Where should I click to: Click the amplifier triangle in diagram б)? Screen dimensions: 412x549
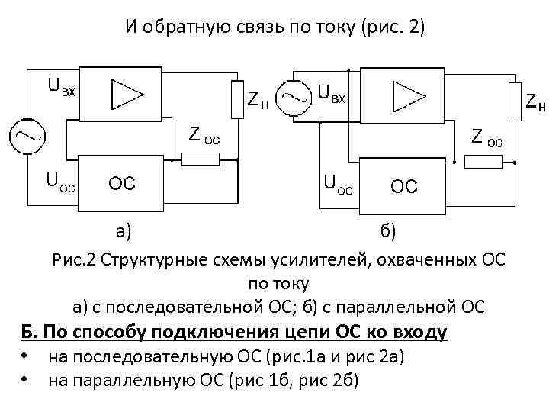tap(406, 95)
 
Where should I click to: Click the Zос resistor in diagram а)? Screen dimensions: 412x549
tap(201, 159)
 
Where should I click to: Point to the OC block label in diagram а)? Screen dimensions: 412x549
tap(122, 184)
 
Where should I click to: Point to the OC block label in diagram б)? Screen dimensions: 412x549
tap(404, 185)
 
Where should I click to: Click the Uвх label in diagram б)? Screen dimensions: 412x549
tap(332, 93)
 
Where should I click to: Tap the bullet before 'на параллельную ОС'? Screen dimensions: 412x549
tap(26, 378)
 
